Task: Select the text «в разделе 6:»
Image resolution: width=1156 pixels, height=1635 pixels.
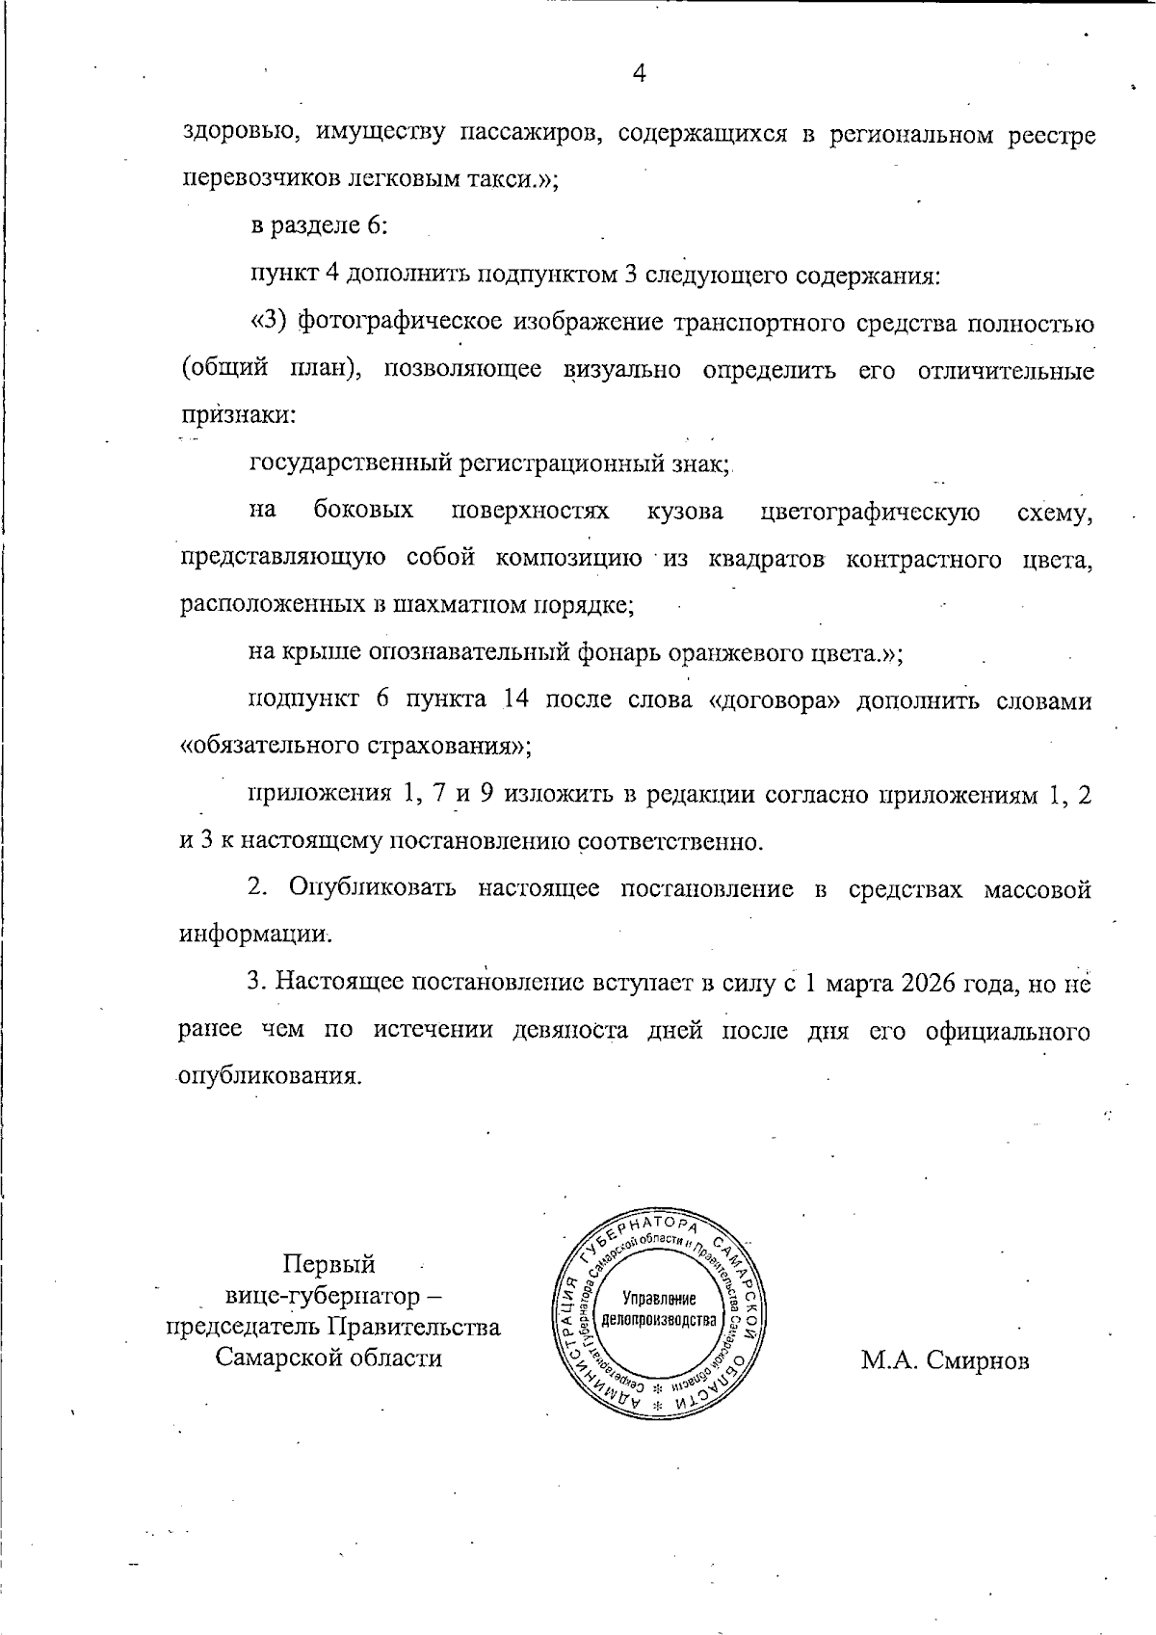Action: click(x=319, y=227)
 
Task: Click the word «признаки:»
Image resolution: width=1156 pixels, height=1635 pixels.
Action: click(x=238, y=416)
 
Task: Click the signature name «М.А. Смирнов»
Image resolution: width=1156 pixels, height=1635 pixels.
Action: click(x=944, y=1360)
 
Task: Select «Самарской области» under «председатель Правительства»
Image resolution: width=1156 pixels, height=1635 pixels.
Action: click(x=328, y=1358)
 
